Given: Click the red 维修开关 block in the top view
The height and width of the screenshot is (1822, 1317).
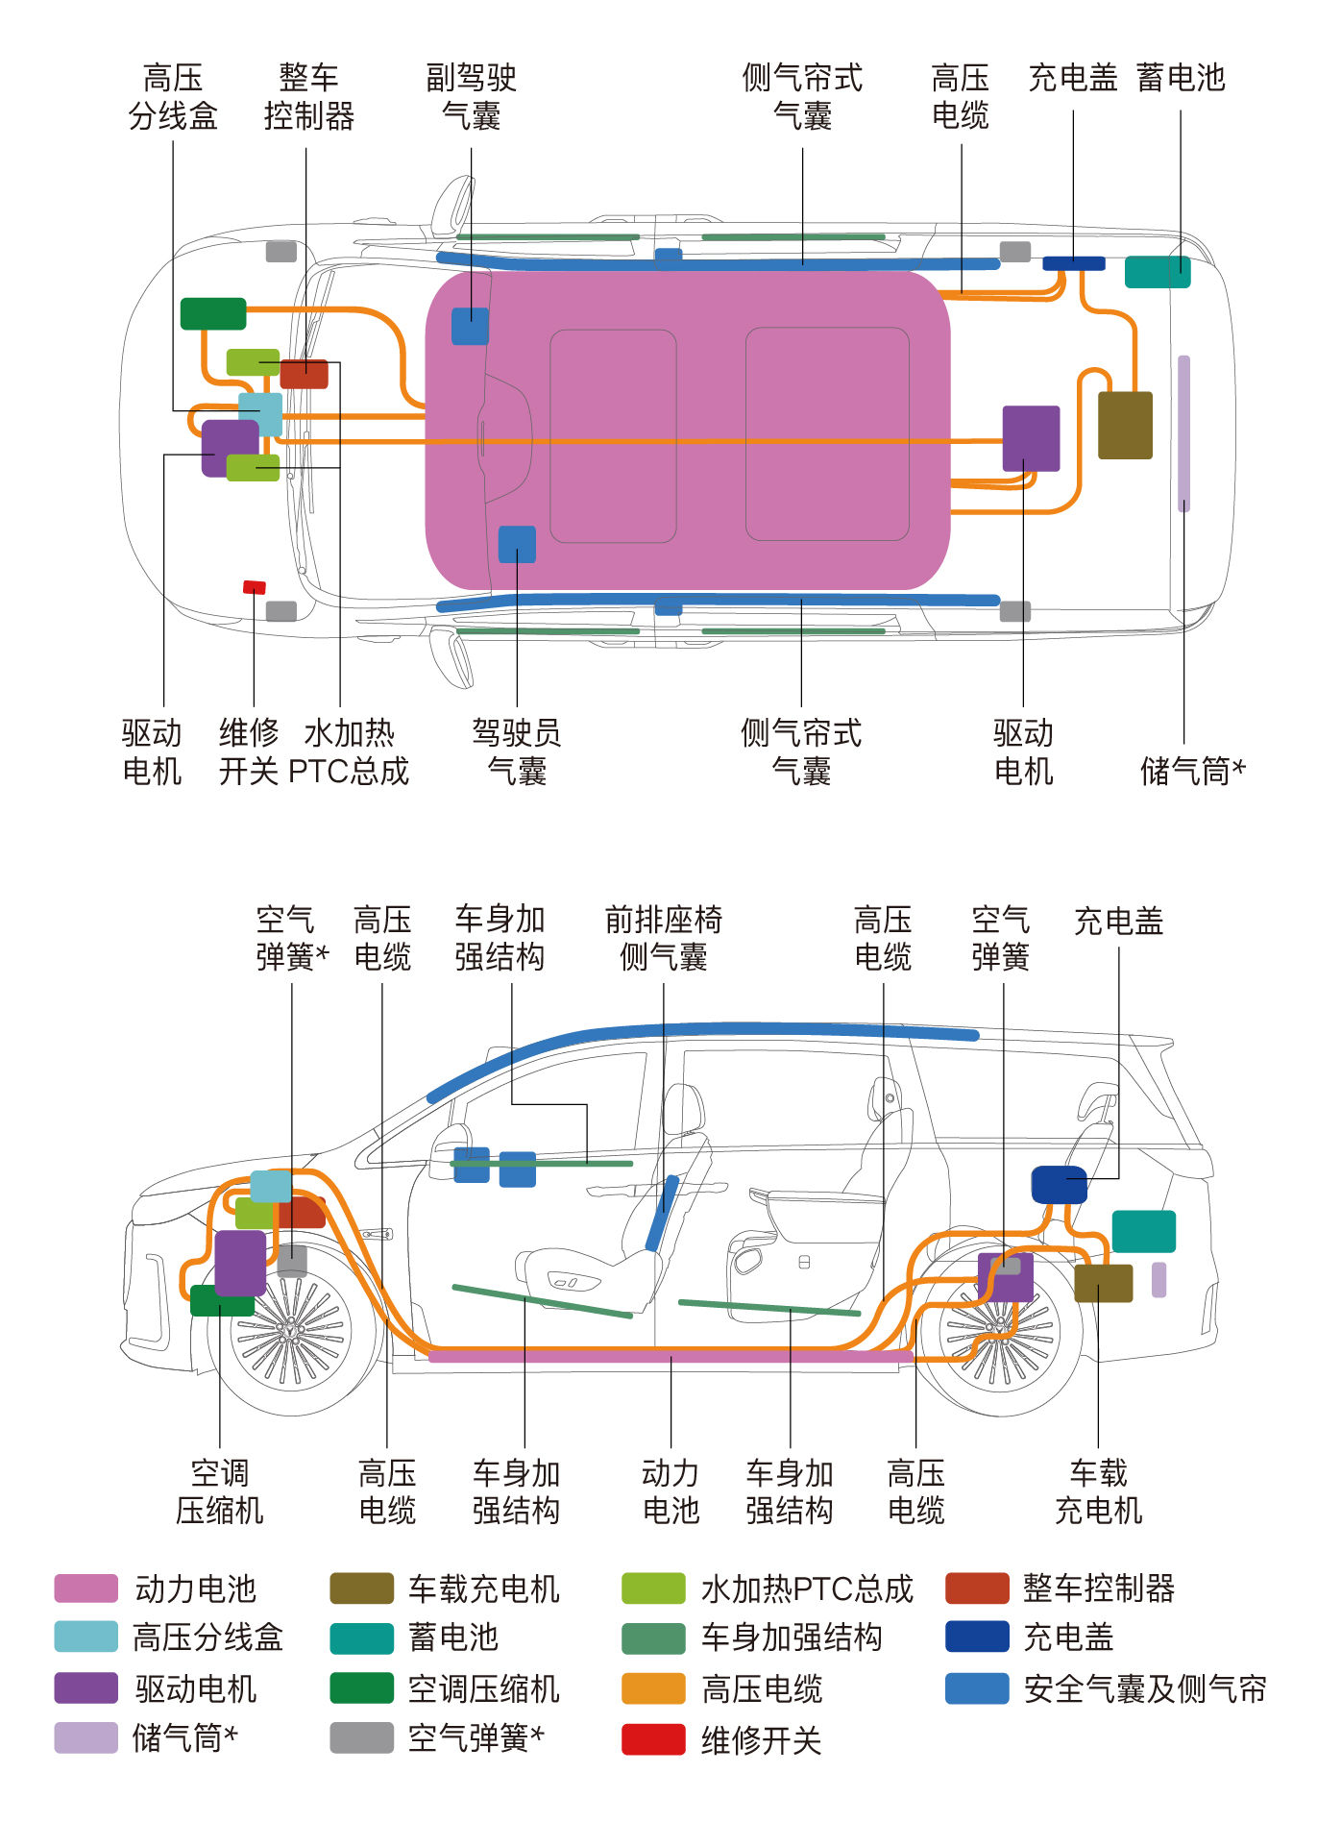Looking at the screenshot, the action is (255, 587).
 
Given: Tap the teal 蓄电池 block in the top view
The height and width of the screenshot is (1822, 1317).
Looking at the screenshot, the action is (1158, 272).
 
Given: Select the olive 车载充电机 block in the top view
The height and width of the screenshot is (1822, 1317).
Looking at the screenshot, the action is (1125, 425).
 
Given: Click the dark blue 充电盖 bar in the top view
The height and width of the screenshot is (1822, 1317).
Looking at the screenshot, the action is (1074, 263).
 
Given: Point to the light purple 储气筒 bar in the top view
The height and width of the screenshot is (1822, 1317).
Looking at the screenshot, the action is (1184, 433).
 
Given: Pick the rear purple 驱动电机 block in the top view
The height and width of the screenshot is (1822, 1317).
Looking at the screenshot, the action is (1031, 438).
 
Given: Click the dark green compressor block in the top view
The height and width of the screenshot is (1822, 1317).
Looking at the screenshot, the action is (213, 314).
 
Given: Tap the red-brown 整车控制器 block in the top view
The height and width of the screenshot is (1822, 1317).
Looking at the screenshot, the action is (305, 374).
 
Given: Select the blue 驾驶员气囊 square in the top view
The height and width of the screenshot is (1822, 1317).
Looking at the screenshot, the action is (517, 545).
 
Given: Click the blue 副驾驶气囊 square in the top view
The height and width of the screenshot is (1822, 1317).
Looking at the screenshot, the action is (471, 327).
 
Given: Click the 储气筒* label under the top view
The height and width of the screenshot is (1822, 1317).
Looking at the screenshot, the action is (1193, 771).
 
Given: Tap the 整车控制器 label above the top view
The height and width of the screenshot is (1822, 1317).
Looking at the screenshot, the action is (309, 96).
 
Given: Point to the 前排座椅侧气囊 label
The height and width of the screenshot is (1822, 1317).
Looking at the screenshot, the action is (664, 938).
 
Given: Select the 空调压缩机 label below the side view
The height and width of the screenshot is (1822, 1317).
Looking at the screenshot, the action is (220, 1491).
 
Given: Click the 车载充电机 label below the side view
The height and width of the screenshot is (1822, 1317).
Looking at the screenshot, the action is (1099, 1491).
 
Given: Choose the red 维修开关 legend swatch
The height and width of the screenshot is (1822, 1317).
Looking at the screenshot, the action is (653, 1739).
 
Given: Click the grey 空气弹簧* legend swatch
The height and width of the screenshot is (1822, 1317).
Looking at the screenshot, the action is (362, 1737).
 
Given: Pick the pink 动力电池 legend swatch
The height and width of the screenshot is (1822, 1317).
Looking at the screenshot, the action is (86, 1588).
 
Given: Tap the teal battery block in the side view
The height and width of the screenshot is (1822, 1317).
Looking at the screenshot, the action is (1144, 1232).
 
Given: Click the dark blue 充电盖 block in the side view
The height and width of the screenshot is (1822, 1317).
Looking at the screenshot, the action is (1060, 1185).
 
